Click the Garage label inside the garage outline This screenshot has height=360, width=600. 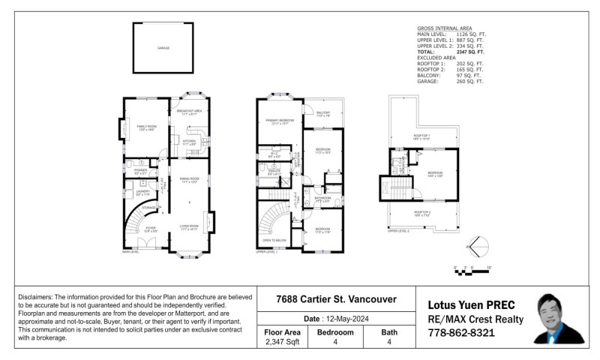[x=163, y=48]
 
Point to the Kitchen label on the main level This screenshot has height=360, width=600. [x=189, y=142]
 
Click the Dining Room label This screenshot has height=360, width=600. [x=188, y=181]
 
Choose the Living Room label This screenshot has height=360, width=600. [x=188, y=226]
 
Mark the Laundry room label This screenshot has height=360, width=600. [x=142, y=193]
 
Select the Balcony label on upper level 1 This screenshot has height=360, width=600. [x=323, y=114]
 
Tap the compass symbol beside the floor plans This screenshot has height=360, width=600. [x=477, y=246]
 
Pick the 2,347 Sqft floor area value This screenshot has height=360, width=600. [x=283, y=342]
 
